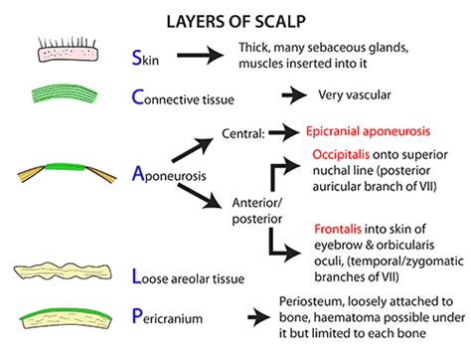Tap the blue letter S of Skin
(x=138, y=56)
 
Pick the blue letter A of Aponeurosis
(x=138, y=174)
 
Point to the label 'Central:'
(x=250, y=129)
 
